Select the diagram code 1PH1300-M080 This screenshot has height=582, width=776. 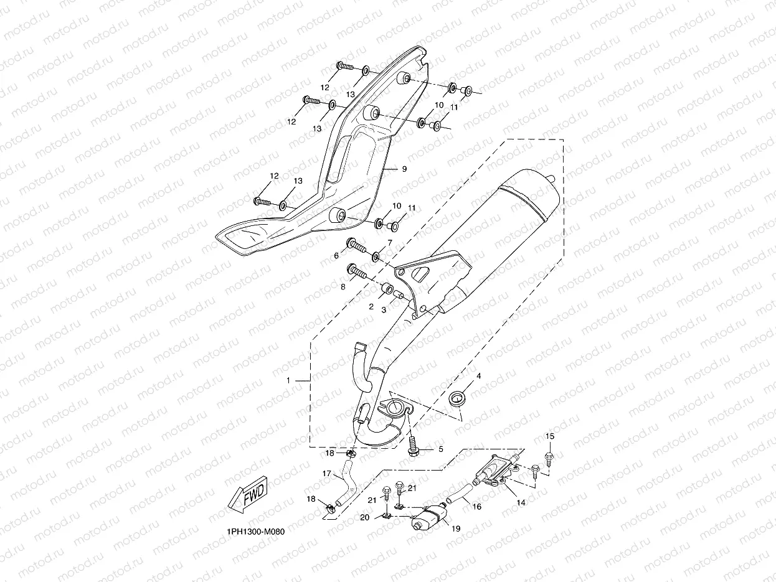tap(255, 532)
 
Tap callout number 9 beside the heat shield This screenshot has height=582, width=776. tap(404, 169)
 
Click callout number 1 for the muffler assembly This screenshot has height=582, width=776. tap(288, 380)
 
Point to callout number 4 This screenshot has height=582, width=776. tap(479, 376)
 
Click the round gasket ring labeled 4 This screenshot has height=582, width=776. tap(458, 398)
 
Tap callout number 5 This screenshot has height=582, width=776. tap(441, 449)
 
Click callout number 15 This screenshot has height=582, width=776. tap(550, 436)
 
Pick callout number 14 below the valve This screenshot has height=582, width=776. tap(521, 502)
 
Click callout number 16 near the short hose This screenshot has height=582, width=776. tap(477, 507)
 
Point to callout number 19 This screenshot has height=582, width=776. tap(456, 528)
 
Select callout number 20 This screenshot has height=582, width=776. tap(364, 517)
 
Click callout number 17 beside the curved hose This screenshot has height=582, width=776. tap(327, 473)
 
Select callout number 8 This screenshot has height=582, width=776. tap(343, 288)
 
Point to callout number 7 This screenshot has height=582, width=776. tap(390, 242)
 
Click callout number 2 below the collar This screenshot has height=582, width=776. tap(371, 307)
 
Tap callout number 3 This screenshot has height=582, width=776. tap(384, 310)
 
